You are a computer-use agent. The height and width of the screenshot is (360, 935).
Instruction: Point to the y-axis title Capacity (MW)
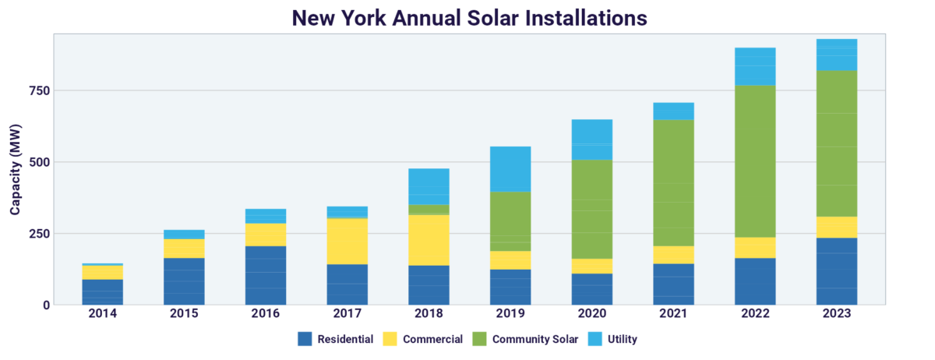click(16, 169)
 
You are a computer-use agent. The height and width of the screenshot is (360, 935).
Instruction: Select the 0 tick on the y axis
click(46, 305)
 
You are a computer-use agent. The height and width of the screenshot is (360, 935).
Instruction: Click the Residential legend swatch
click(305, 339)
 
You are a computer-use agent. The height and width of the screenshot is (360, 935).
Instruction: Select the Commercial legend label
click(432, 339)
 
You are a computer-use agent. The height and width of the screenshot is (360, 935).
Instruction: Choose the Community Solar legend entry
click(535, 339)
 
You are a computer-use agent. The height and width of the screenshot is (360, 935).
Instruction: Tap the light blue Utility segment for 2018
click(429, 186)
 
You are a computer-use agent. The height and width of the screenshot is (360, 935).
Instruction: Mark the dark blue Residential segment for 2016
click(266, 275)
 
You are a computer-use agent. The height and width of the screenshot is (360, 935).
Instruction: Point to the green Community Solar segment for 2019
click(510, 221)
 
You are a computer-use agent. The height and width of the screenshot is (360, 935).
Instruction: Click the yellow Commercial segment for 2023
click(837, 227)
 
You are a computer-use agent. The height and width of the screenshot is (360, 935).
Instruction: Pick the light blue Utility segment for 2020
click(592, 139)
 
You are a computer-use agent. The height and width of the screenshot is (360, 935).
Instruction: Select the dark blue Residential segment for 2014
click(102, 292)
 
